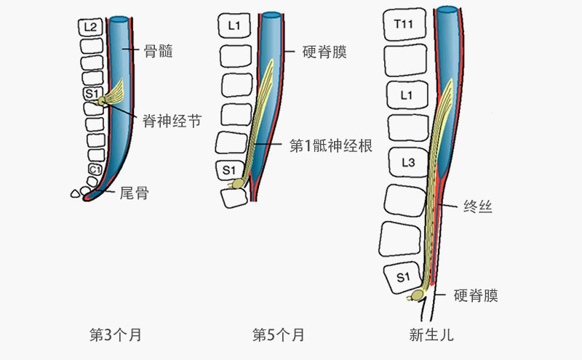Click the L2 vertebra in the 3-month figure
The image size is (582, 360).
click(90, 28)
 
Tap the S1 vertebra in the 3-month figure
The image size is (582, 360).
click(92, 94)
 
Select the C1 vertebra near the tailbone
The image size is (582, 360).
click(95, 169)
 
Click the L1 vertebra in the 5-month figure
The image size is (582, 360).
click(234, 26)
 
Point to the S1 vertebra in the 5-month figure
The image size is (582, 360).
click(230, 170)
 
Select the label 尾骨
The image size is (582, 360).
click(133, 193)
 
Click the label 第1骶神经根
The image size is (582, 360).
click(331, 145)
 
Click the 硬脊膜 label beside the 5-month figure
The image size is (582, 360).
click(324, 52)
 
